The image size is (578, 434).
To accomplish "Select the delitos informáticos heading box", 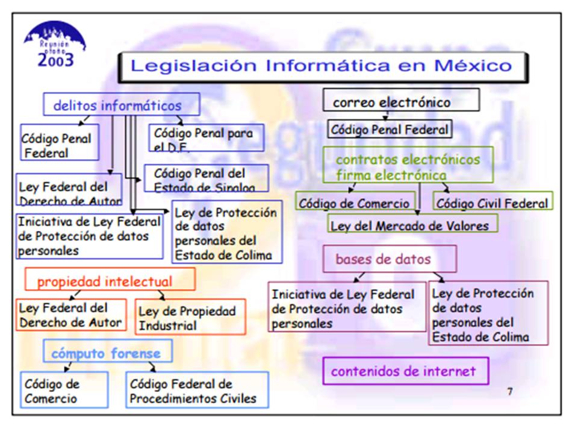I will (121, 105).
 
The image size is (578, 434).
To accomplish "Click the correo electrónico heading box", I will (401, 101).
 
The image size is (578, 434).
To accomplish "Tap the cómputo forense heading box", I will (107, 353).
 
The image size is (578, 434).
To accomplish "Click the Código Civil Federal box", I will (492, 203).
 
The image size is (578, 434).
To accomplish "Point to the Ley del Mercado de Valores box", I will (413, 224).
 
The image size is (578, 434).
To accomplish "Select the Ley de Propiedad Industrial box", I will (190, 318).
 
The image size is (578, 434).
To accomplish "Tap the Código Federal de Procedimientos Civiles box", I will (197, 390).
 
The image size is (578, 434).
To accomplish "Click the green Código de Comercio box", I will (355, 203).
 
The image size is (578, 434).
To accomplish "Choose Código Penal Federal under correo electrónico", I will (390, 128).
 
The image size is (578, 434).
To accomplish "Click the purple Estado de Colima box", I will (488, 314).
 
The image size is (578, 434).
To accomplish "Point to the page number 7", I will (510, 391).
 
